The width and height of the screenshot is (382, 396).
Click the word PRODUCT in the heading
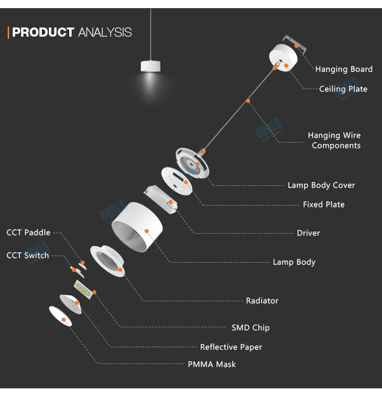[x=43, y=33]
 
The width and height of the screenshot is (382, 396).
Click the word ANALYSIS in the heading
[x=105, y=33]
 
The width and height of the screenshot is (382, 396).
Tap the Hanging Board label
[x=344, y=69]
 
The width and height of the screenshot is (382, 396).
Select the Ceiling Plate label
[x=343, y=89]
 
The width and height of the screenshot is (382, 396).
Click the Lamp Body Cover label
[x=321, y=185]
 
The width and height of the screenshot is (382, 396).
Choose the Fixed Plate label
[x=323, y=205]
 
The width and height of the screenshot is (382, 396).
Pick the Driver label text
[x=309, y=233]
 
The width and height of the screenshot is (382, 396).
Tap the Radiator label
[x=262, y=301]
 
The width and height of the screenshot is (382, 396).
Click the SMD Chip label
[x=251, y=328]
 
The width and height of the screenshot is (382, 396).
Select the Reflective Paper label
[x=231, y=347]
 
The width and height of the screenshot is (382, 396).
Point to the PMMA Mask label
[x=212, y=364]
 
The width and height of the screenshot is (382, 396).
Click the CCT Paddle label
[x=29, y=233]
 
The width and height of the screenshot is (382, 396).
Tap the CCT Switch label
[x=28, y=255]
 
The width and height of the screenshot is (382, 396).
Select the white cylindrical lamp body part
[x=137, y=226]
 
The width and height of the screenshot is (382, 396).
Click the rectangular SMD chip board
[x=84, y=290]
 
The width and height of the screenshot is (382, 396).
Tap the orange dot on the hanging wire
[x=248, y=101]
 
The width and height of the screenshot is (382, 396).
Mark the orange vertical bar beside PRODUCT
[x=9, y=33]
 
